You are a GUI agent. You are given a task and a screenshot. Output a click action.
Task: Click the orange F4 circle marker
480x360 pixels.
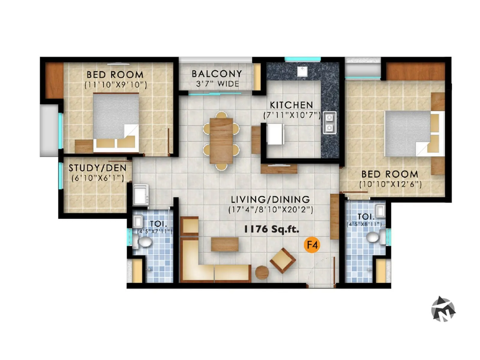tap(312, 245)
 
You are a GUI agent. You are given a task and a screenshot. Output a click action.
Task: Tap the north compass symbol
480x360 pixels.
tap(443, 309)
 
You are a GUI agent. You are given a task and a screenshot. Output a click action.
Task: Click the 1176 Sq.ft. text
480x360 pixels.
tap(271, 229)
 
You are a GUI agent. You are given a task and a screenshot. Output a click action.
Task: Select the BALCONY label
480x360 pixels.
tap(217, 74)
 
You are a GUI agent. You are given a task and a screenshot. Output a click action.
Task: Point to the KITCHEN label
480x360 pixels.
tap(291, 105)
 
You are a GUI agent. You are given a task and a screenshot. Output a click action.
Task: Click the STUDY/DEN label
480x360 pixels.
tap(97, 168)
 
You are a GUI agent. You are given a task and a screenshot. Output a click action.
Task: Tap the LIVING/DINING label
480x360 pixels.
tap(270, 199)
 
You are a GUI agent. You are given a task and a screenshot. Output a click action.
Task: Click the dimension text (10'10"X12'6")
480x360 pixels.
tap(390, 184)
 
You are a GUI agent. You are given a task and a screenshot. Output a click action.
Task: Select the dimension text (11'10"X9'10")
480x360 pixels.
tap(115, 85)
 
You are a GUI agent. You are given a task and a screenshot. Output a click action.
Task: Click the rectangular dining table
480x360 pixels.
tap(221, 141)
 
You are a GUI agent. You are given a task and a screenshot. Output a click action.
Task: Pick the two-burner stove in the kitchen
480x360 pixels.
tap(329, 123)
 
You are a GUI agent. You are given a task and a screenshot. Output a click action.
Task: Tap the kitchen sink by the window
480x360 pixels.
tap(302, 71)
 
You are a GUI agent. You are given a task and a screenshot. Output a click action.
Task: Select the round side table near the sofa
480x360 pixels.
tap(262, 272)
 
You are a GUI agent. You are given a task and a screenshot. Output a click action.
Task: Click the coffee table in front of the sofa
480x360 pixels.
tap(225, 244)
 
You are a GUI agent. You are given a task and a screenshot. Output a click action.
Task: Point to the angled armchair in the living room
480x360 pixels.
tap(282, 260)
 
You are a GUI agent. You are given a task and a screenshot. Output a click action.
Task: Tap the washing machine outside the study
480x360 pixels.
tap(141, 194)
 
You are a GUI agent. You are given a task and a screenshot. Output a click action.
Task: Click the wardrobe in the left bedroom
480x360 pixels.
tap(54, 80)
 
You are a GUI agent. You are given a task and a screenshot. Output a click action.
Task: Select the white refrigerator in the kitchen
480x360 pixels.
tap(275, 134)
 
